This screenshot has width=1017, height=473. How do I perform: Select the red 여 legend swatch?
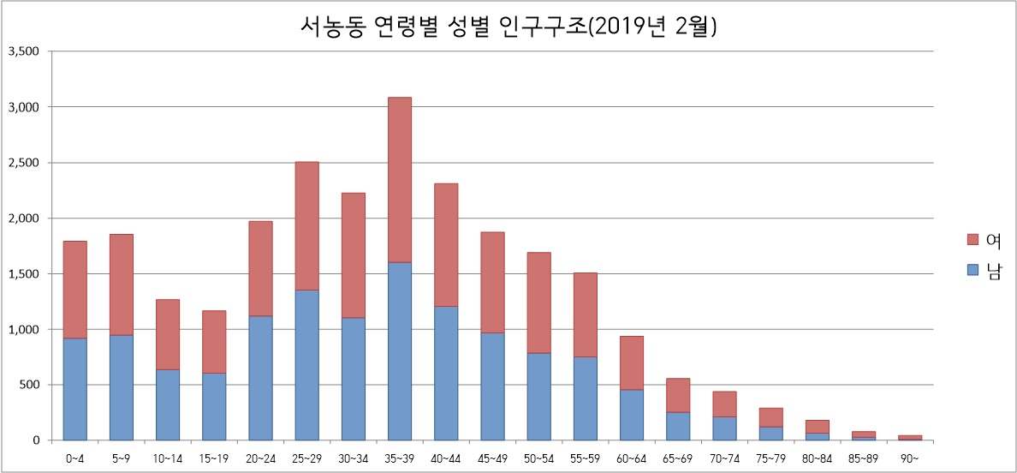tap(971, 239)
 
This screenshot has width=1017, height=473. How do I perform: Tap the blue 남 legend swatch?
tap(971, 270)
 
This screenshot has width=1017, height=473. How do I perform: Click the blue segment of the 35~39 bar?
tap(400, 351)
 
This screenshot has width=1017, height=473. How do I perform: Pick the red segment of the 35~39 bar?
tap(400, 180)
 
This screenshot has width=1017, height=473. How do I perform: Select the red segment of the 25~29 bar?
tap(306, 225)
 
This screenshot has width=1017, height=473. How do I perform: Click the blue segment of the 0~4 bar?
tap(74, 389)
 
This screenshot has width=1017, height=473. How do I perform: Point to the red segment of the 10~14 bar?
tap(168, 334)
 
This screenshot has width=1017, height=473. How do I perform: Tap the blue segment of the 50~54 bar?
tap(538, 397)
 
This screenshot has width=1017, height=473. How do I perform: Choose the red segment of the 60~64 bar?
tap(632, 362)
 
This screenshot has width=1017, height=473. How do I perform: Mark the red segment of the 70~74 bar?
tap(724, 404)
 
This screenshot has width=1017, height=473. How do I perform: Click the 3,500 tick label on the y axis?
tap(24, 51)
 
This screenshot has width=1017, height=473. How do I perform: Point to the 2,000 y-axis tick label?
tap(24, 219)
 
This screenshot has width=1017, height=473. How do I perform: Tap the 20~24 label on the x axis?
tap(260, 458)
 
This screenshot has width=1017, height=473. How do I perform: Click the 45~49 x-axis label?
tap(492, 458)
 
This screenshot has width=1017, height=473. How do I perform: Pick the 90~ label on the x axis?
tap(910, 458)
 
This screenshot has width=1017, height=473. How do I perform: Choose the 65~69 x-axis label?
tap(678, 458)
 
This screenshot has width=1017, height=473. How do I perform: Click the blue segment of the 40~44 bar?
tap(446, 373)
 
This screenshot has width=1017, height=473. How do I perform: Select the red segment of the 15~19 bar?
tap(214, 341)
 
